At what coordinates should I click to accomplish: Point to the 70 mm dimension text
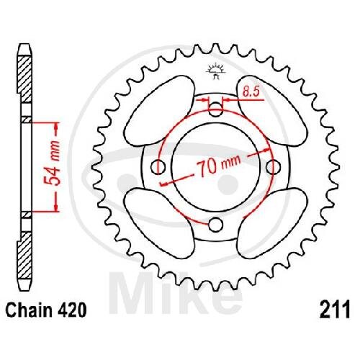pyautogui.click(x=218, y=164)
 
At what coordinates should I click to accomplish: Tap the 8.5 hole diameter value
pyautogui.click(x=251, y=91)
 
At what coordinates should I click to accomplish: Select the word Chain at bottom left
pyautogui.click(x=29, y=310)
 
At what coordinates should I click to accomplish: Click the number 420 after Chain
pyautogui.click(x=71, y=310)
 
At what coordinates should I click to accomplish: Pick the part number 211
pyautogui.click(x=335, y=310)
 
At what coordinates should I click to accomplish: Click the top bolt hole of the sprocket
pyautogui.click(x=215, y=109)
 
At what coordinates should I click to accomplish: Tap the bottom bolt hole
pyautogui.click(x=215, y=225)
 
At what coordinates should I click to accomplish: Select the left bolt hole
pyautogui.click(x=158, y=166)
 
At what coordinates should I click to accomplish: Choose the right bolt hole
pyautogui.click(x=273, y=166)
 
